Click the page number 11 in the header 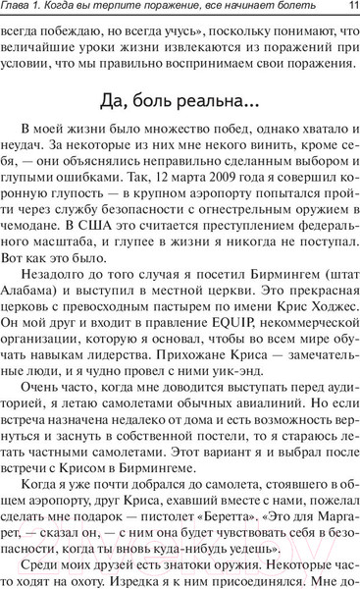[351, 9]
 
